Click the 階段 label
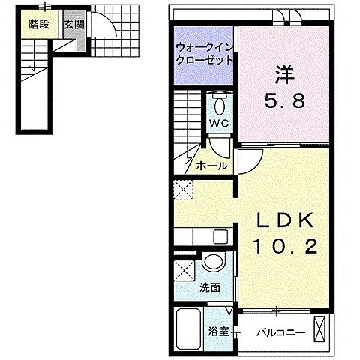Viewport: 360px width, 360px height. pyautogui.click(x=40, y=25)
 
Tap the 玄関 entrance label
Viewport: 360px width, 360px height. pyautogui.click(x=73, y=25)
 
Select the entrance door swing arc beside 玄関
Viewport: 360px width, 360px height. pyautogui.click(x=104, y=28)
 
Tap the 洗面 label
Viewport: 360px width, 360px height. pyautogui.click(x=210, y=286)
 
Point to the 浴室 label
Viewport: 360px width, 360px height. pyautogui.click(x=218, y=331)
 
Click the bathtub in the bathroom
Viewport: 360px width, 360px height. pyautogui.click(x=190, y=330)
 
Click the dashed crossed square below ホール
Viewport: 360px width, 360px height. pyautogui.click(x=183, y=190)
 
